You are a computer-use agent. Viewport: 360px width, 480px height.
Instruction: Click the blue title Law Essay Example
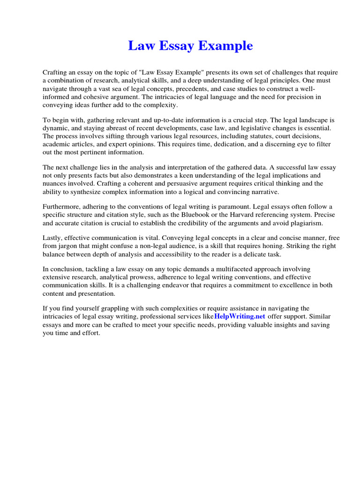click(190, 46)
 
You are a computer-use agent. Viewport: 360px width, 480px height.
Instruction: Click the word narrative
click(266, 191)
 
